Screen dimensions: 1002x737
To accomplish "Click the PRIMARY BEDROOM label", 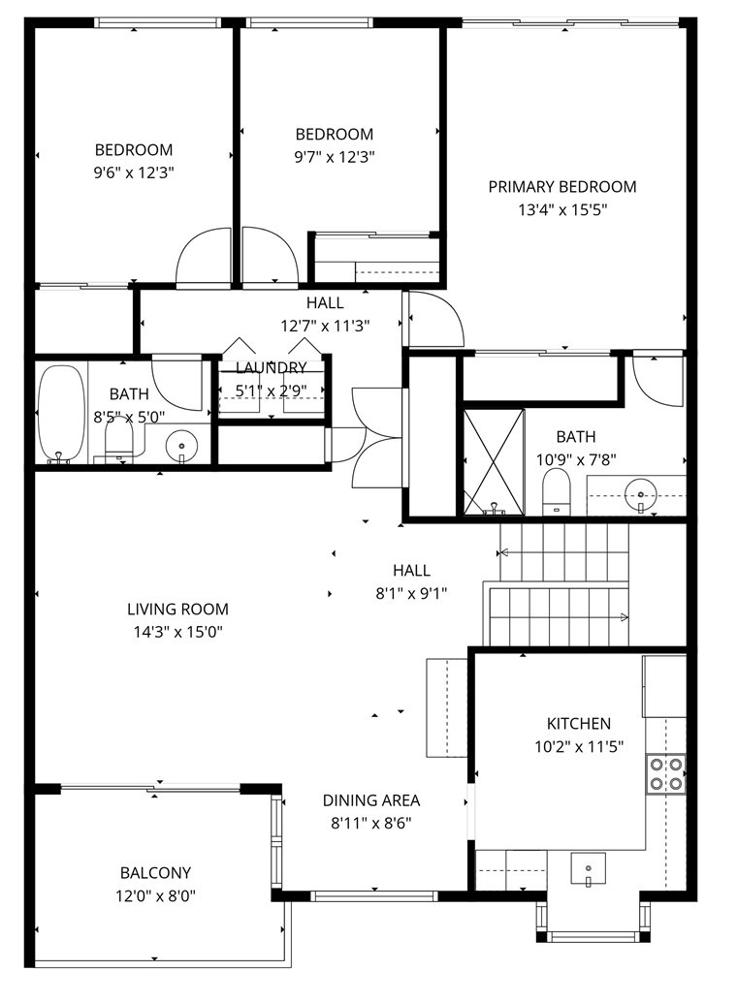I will pos(561,187).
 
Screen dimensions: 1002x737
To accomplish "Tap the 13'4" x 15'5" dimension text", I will pos(561,209).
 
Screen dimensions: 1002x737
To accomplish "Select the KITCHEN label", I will pos(579,724).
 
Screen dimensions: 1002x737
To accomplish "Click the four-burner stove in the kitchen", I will pos(665,774).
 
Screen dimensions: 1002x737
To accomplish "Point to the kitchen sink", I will pos(588,867).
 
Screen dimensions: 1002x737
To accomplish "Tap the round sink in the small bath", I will pos(180,447).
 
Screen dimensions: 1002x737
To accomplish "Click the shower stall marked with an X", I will pos(493,461).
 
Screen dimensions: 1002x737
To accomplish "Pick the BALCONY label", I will pos(155,873).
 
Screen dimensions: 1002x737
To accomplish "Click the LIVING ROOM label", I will pos(177,610).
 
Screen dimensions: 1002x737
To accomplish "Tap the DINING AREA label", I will pos(371,800).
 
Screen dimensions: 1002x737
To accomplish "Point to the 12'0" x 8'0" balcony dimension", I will pos(155,896).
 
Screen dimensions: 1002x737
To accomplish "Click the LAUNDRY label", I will pos(272,368).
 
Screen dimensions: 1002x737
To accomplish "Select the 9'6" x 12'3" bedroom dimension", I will pos(134,172).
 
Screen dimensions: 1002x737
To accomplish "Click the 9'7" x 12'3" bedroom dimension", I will pos(335,156).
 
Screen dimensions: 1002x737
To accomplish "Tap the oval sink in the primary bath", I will pos(639,492).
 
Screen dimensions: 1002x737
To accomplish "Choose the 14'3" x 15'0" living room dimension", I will pos(177,632).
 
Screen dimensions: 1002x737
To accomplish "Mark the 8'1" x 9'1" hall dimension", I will pos(411,593).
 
